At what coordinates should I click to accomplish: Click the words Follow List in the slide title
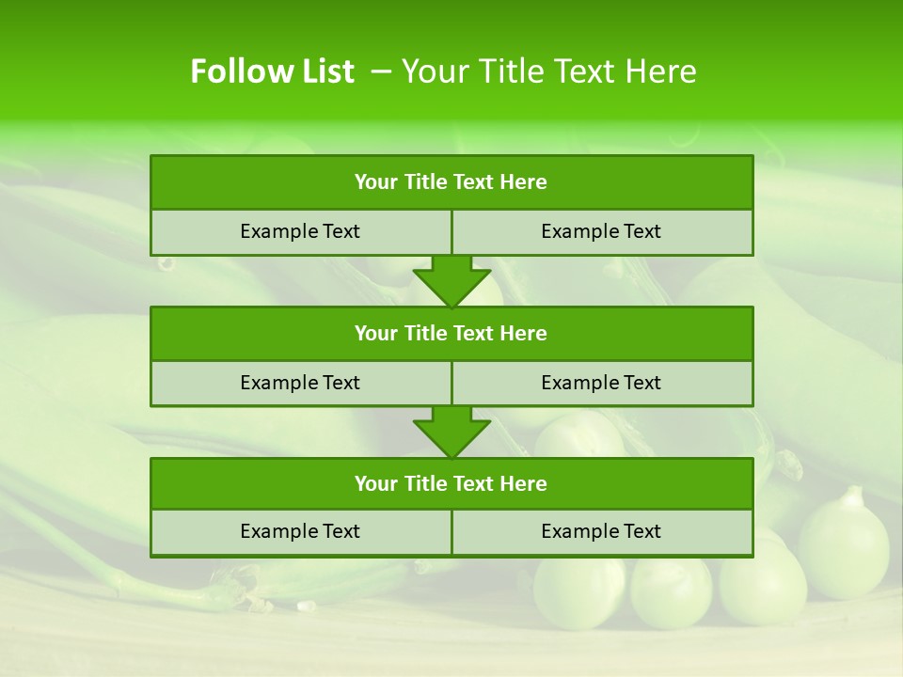[x=272, y=71]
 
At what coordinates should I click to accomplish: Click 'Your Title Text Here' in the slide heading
[x=549, y=71]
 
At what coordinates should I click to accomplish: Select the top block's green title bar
[x=451, y=182]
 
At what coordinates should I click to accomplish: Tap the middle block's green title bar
[x=451, y=333]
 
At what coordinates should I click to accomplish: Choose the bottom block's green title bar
[x=451, y=483]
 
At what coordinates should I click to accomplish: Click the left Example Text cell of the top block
[x=300, y=231]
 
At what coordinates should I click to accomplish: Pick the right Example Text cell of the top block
[x=601, y=231]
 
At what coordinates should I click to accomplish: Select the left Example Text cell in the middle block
[x=300, y=383]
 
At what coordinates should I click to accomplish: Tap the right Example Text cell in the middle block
[x=601, y=383]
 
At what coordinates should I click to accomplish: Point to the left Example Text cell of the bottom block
[x=300, y=531]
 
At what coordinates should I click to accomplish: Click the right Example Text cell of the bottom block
[x=601, y=531]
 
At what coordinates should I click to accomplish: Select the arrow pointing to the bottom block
[x=451, y=432]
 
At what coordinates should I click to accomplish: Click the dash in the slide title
[x=382, y=71]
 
